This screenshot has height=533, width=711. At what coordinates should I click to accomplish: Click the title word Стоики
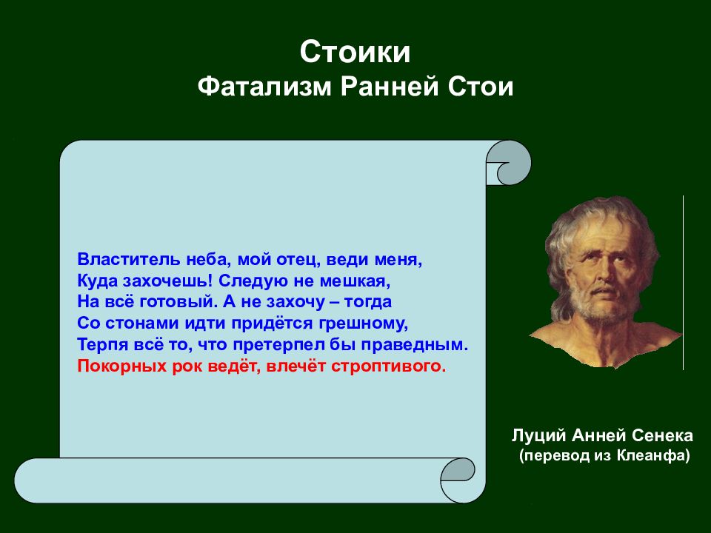355,52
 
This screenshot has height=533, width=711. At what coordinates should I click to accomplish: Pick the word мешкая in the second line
355,281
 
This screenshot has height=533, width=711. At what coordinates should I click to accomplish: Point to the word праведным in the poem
414,345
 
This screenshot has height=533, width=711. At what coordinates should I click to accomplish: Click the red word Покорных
122,366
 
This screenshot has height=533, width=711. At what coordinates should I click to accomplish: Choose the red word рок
187,366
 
